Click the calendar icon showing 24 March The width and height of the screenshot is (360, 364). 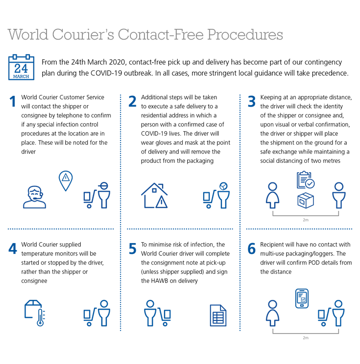(x=21, y=68)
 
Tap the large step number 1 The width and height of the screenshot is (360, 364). (x=13, y=102)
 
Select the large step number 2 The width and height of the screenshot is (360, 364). (x=132, y=102)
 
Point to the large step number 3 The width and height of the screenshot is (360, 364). (x=252, y=102)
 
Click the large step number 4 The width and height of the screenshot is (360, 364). (x=13, y=249)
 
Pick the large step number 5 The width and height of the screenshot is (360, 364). (x=132, y=249)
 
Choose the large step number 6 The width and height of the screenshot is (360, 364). (x=252, y=249)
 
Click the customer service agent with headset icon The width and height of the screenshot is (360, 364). (x=34, y=197)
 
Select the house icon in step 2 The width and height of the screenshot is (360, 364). (x=154, y=196)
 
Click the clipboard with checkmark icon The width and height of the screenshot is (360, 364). (x=306, y=180)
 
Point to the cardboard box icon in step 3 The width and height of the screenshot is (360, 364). (x=306, y=200)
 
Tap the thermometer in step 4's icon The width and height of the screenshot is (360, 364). (x=41, y=318)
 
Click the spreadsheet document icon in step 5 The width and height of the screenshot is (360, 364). (x=218, y=315)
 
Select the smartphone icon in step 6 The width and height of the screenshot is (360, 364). (x=302, y=298)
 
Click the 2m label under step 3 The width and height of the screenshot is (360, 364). (x=306, y=220)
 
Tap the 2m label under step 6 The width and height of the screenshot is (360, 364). (x=306, y=338)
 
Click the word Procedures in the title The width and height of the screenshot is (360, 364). (x=245, y=35)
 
